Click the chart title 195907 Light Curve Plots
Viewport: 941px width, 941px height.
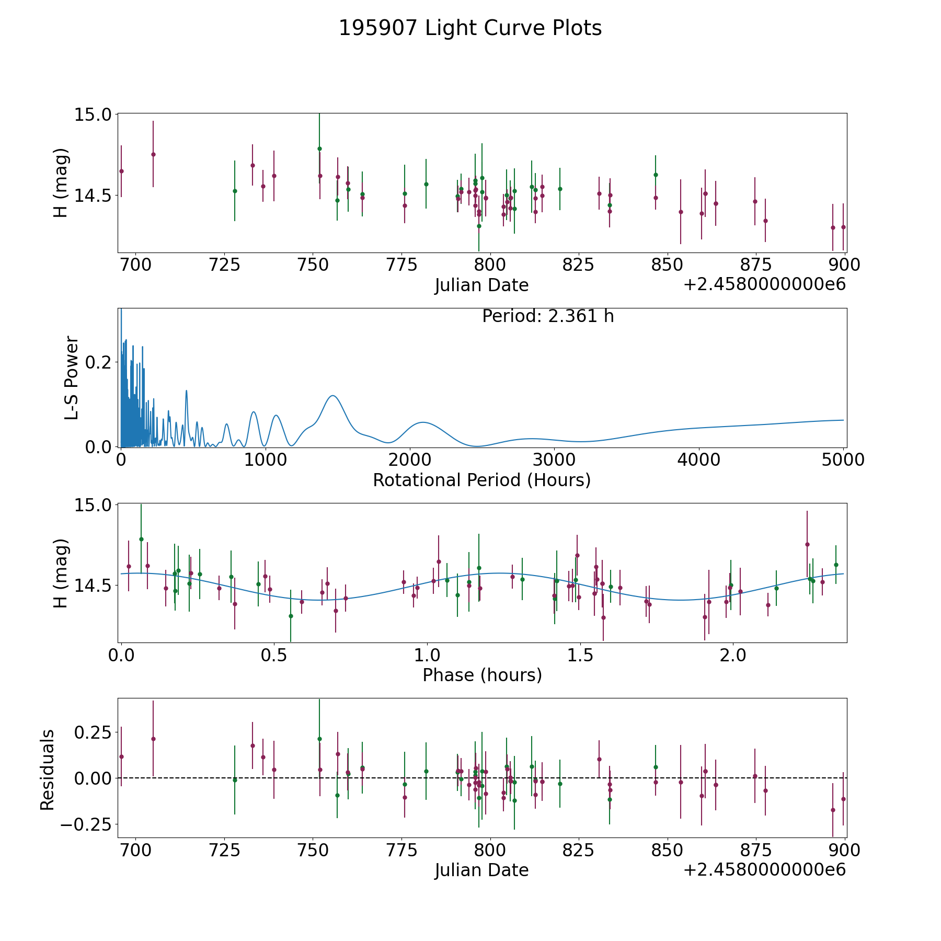pyautogui.click(x=470, y=28)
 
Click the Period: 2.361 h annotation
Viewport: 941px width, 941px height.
pyautogui.click(x=547, y=316)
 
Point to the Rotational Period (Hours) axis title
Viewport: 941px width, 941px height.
pyautogui.click(x=481, y=480)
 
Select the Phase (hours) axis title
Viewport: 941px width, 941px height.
pyautogui.click(x=482, y=675)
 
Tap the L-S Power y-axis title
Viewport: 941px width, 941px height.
pyautogui.click(x=72, y=377)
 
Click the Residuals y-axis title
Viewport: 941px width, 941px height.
pyautogui.click(x=48, y=770)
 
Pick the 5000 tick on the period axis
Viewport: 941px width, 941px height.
pyautogui.click(x=843, y=460)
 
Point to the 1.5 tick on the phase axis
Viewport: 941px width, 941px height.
pyautogui.click(x=580, y=655)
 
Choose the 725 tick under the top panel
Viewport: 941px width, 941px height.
pyautogui.click(x=224, y=265)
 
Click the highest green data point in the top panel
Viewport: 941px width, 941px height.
pyautogui.click(x=319, y=148)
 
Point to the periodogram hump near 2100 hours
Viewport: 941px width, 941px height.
pyautogui.click(x=422, y=422)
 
